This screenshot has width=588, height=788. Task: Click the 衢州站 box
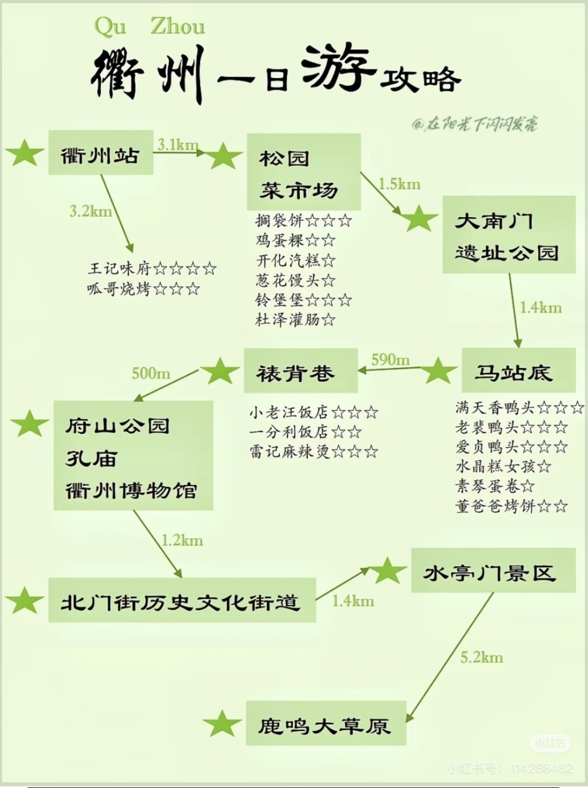pos(101,153)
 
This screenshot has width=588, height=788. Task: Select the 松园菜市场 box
pos(304,172)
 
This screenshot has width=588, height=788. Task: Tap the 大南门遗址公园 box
pos(509,235)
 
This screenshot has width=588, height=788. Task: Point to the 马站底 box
pos(518,370)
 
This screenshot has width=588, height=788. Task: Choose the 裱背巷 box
pos(301,370)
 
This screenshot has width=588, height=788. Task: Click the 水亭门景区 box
pos(493,570)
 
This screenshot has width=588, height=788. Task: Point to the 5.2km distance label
pos(482,658)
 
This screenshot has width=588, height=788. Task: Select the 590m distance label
pos(391,359)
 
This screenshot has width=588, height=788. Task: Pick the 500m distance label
pos(151,374)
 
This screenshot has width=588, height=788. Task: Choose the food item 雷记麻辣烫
pos(289,452)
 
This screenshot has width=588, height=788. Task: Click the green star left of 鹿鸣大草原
pos(221,723)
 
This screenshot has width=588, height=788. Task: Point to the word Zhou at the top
pos(178,27)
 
